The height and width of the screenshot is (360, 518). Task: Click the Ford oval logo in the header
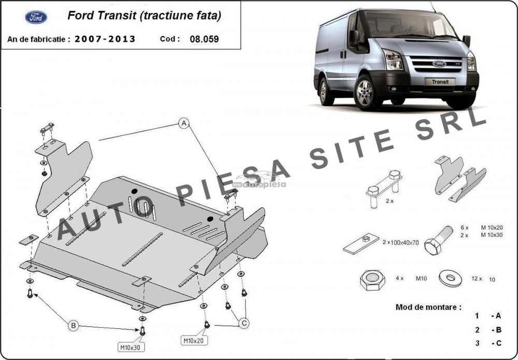pyautogui.click(x=36, y=18)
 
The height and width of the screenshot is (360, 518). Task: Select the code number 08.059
pyautogui.click(x=204, y=39)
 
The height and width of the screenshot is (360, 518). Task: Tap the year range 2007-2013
pyautogui.click(x=105, y=39)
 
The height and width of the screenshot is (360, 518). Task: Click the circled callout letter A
pyautogui.click(x=184, y=123)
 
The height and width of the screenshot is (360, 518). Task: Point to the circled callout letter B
pyautogui.click(x=74, y=326)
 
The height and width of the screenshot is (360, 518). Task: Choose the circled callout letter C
pyautogui.click(x=244, y=323)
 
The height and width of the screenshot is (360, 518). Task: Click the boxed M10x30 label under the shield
pyautogui.click(x=131, y=347)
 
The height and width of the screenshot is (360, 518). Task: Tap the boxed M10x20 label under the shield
pyautogui.click(x=194, y=340)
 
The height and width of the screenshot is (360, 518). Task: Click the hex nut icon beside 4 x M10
pyautogui.click(x=372, y=280)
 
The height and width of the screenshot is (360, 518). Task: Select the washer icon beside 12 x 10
pyautogui.click(x=450, y=278)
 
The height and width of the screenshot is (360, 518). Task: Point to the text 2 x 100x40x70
pyautogui.click(x=401, y=242)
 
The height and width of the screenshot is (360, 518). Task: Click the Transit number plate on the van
pyautogui.click(x=440, y=81)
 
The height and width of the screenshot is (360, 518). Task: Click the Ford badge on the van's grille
pyautogui.click(x=439, y=64)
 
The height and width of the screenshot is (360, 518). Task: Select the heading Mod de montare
pyautogui.click(x=428, y=307)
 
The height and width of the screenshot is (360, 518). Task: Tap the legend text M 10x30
pyautogui.click(x=492, y=235)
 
